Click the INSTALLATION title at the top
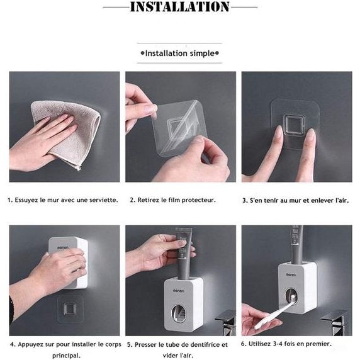pyautogui.click(x=180, y=7)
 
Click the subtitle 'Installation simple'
pyautogui.click(x=180, y=53)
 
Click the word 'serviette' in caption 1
pyautogui.click(x=103, y=200)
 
